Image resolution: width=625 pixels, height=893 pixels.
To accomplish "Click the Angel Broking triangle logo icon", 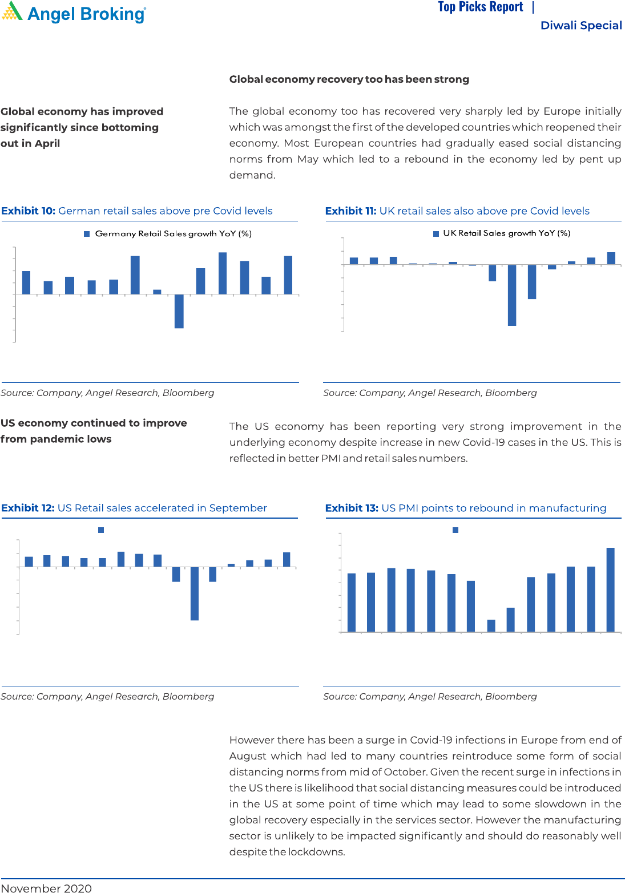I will [12, 12].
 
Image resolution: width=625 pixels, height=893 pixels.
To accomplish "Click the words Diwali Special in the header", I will [580, 26].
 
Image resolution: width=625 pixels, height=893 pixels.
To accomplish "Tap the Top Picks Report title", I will [480, 7].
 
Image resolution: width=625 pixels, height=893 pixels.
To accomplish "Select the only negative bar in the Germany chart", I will [179, 311].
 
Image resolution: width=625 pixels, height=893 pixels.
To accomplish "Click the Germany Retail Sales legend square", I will [87, 234].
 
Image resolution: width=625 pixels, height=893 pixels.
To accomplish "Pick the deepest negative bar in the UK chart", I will [512, 295].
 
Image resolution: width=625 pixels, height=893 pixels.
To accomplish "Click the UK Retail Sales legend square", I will [436, 233].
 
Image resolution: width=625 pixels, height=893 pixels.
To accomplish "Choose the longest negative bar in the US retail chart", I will [195, 593].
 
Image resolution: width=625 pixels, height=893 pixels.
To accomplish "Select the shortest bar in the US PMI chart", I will [491, 625].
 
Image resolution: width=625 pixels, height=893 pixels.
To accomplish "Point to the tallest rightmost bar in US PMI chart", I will [610, 589].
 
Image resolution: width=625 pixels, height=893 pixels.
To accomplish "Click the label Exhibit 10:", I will [28, 211].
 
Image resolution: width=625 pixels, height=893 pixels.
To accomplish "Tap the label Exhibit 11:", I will [350, 211].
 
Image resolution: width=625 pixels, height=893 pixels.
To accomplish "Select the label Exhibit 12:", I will [28, 508].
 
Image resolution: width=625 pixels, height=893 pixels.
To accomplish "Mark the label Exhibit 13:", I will [352, 508].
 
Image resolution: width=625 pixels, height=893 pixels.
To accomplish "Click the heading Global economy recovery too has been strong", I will [349, 79].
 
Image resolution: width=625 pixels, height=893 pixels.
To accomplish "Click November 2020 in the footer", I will [46, 888].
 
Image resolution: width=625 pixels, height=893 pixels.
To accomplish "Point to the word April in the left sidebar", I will [47, 144].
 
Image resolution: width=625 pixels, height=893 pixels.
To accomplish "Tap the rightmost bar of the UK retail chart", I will [611, 258].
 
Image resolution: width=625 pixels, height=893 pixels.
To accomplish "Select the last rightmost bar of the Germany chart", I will [288, 275].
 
